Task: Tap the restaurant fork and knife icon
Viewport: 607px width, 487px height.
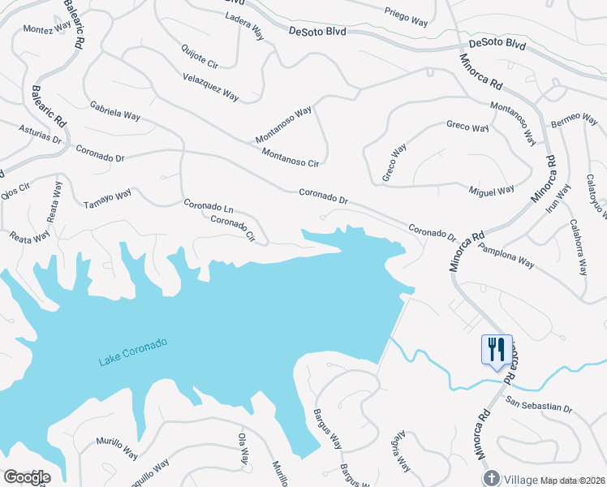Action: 496,350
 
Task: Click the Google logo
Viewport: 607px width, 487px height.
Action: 27,477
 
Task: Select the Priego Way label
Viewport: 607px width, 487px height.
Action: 405,18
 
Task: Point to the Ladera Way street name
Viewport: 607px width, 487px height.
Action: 244,26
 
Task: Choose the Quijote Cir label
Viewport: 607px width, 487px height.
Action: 199,56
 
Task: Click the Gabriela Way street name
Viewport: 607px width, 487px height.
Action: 115,110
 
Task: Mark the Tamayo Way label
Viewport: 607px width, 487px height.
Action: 107,199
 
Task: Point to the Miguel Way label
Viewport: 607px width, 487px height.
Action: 492,191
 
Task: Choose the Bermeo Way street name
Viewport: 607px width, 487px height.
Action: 575,119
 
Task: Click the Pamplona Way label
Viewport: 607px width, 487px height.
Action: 506,256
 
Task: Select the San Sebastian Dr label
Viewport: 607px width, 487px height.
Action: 539,404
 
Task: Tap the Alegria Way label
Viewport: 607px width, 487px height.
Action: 398,454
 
